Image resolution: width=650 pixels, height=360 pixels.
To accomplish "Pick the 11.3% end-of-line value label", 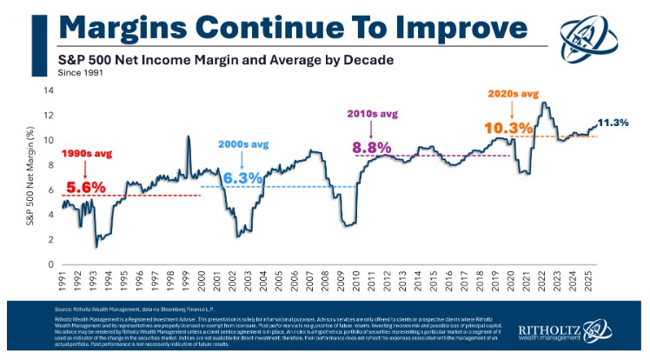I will coord(616,123).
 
